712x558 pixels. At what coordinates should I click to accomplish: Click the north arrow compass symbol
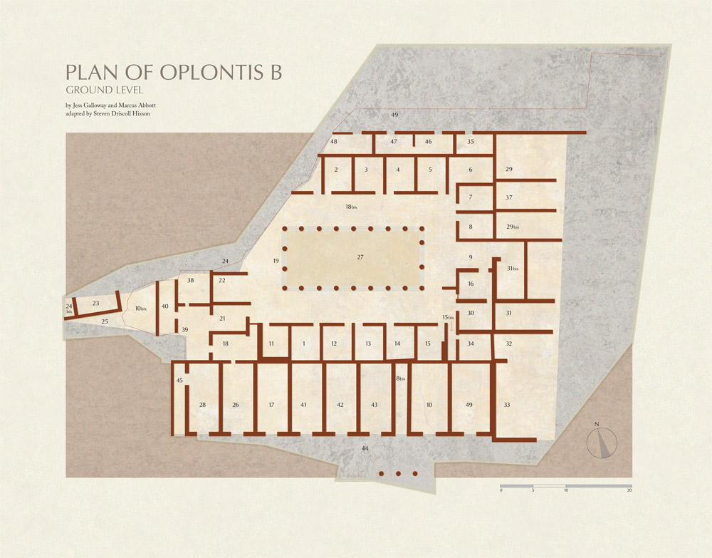tap(602, 442)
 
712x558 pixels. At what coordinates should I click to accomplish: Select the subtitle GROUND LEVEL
tap(105, 91)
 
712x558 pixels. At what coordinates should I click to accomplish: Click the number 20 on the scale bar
tap(629, 491)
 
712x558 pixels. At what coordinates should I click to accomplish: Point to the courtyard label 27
tap(360, 257)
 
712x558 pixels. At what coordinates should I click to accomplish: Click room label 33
tap(507, 405)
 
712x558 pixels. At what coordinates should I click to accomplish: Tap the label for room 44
tap(365, 448)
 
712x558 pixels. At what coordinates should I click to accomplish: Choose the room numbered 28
tap(202, 405)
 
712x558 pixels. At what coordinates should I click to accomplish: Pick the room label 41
tap(303, 405)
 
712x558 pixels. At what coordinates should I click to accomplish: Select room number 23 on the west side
tap(95, 304)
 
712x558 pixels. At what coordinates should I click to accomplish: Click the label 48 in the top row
tap(333, 142)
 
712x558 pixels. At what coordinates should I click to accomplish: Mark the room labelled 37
tap(509, 197)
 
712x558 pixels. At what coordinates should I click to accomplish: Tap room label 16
tap(471, 284)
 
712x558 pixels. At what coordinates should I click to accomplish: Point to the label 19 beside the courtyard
tap(276, 262)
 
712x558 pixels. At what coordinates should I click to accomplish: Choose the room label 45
tap(179, 381)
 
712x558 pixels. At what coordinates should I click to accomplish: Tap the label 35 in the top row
tap(470, 142)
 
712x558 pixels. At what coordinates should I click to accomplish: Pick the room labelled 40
tap(165, 306)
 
